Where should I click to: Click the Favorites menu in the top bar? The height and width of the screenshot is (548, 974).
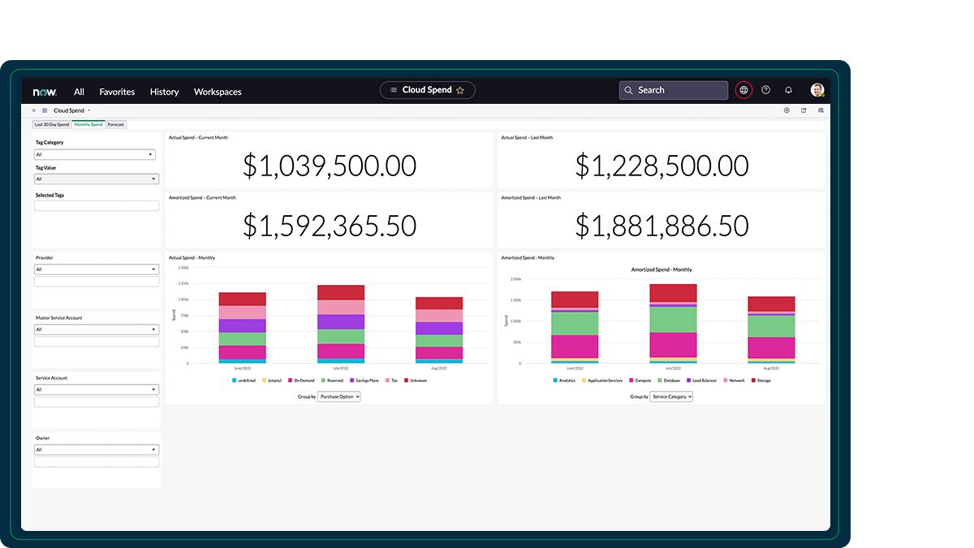pos(117,92)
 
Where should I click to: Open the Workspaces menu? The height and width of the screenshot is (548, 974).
pos(218,92)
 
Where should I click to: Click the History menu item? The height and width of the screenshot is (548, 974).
pos(164,92)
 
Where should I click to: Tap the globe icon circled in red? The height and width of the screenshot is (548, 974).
pos(743,90)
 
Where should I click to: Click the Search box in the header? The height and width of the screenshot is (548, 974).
pos(674,90)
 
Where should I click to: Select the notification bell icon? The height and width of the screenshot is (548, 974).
pos(788,90)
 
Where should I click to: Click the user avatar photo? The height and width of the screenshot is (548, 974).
pos(817,90)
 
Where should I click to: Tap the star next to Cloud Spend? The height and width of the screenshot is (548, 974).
pos(460,90)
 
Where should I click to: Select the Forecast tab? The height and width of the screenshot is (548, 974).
pos(116,124)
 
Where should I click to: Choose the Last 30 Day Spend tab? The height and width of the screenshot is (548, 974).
pos(51,124)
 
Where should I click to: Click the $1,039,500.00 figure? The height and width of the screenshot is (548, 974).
pos(330,166)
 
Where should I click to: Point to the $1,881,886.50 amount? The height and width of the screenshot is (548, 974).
pos(662,226)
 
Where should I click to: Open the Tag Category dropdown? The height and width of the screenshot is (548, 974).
pos(96,154)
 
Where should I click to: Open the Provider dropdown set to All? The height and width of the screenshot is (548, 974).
pos(96,270)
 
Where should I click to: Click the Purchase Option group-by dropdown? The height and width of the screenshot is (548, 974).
pos(339,397)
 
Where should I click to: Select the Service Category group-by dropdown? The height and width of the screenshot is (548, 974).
pos(670,397)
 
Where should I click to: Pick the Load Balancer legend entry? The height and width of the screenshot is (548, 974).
pos(702,380)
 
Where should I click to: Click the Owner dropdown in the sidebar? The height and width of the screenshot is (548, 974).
pos(96,450)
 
